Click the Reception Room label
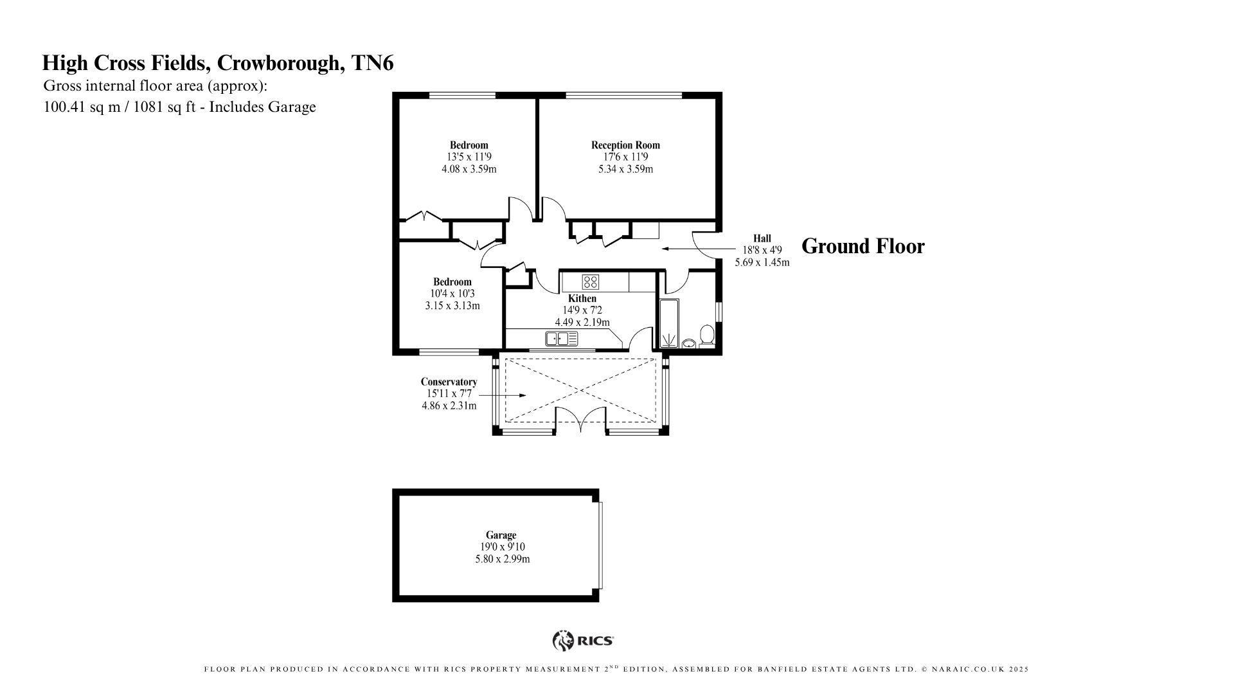tap(625, 145)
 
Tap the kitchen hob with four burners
tap(590, 281)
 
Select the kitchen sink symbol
tap(561, 338)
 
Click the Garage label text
tap(501, 535)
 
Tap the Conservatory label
tap(449, 382)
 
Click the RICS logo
tap(583, 640)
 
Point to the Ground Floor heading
tap(863, 246)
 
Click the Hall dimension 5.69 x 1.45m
tap(762, 262)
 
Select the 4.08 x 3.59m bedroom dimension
tap(469, 169)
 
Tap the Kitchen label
tap(582, 298)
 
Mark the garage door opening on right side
tap(601, 545)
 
